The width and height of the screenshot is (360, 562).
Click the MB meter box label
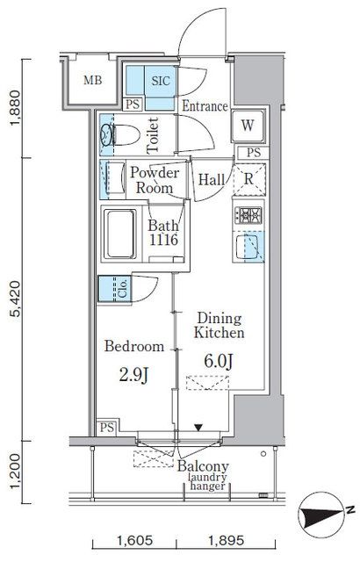coord(93,80)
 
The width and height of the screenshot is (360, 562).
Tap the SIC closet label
coord(161,81)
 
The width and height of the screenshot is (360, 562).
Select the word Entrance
coord(205,106)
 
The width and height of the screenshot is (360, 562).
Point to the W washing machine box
coord(248,126)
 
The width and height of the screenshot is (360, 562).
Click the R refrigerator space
coord(249,179)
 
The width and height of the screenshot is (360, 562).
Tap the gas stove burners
coord(248,215)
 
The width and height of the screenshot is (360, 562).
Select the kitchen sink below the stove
coord(248,247)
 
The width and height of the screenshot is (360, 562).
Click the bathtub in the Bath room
coord(120,234)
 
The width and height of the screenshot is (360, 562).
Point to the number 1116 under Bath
coord(163,240)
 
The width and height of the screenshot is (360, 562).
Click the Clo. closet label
coord(123,289)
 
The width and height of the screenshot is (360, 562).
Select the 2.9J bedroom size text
coord(133,375)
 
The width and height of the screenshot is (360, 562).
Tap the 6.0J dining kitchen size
coord(219,361)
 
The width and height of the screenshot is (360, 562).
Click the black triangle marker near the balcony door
coord(198,428)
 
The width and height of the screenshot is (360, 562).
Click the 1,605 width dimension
coord(134,540)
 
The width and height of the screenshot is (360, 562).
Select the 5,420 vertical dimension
coord(17,299)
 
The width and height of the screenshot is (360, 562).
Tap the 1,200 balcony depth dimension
coord(17,472)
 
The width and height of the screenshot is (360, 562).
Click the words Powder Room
coord(155,180)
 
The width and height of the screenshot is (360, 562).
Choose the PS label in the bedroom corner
coord(107,428)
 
